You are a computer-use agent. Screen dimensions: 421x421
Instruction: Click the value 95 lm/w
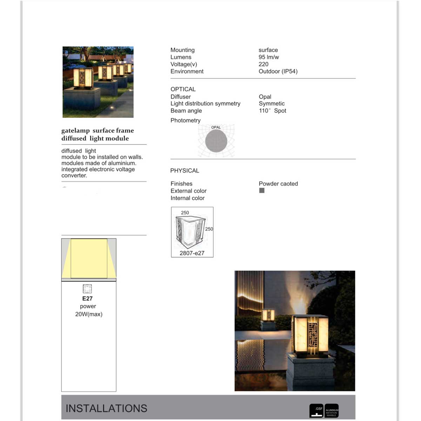tap(269, 57)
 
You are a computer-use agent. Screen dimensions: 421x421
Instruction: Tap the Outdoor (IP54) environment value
tap(278, 72)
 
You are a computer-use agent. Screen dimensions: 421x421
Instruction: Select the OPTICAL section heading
tap(183, 89)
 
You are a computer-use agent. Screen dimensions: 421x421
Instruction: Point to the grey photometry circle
tap(216, 141)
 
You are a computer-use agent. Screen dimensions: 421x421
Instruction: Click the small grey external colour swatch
tap(262, 191)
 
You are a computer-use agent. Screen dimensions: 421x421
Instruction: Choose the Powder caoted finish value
tap(278, 183)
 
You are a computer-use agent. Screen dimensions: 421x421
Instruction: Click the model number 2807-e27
tap(192, 253)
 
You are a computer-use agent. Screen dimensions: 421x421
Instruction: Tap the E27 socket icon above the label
tap(87, 288)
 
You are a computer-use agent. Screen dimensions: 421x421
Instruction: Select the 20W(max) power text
tap(89, 314)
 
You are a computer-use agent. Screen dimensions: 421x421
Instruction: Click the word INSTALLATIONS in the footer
tap(106, 408)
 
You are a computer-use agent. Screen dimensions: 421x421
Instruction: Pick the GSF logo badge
tap(316, 410)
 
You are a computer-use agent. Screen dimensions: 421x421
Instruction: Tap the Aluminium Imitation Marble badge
tap(332, 410)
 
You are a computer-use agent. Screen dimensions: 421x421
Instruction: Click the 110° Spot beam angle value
tap(273, 111)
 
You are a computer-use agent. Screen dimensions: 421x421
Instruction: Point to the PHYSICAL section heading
tap(185, 171)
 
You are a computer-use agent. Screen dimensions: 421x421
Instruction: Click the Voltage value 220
tap(263, 64)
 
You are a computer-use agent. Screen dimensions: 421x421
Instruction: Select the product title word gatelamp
tap(75, 131)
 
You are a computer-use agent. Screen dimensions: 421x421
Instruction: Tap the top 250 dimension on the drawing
tap(185, 213)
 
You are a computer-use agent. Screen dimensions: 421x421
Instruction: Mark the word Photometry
tap(186, 120)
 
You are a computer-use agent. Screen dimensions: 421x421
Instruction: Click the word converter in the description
tap(74, 175)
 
